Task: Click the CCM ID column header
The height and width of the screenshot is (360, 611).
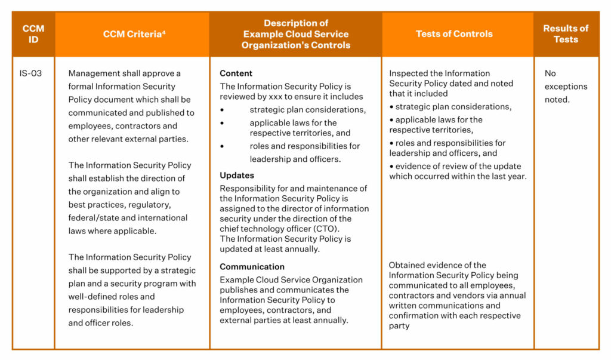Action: coord(33,34)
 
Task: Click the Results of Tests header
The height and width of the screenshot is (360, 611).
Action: coord(565,34)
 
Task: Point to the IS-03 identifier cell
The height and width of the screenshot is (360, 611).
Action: coord(30,73)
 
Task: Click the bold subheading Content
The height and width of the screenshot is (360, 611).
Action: coord(236,73)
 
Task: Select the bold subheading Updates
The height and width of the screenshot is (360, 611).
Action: coord(237,176)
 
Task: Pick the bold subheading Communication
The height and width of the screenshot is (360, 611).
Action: coord(252,267)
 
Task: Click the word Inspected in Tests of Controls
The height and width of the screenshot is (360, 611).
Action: coord(409,73)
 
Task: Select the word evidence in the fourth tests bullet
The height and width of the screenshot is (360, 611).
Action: coord(412,166)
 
